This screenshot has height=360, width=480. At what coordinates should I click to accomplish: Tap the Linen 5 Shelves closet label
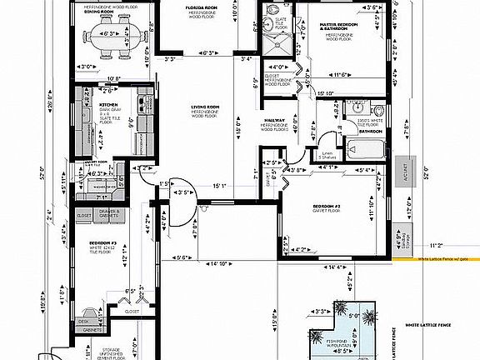pos(328,156)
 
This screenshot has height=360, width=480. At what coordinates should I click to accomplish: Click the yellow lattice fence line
pos(433,258)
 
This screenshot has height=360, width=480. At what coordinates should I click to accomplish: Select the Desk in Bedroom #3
pos(83,321)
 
